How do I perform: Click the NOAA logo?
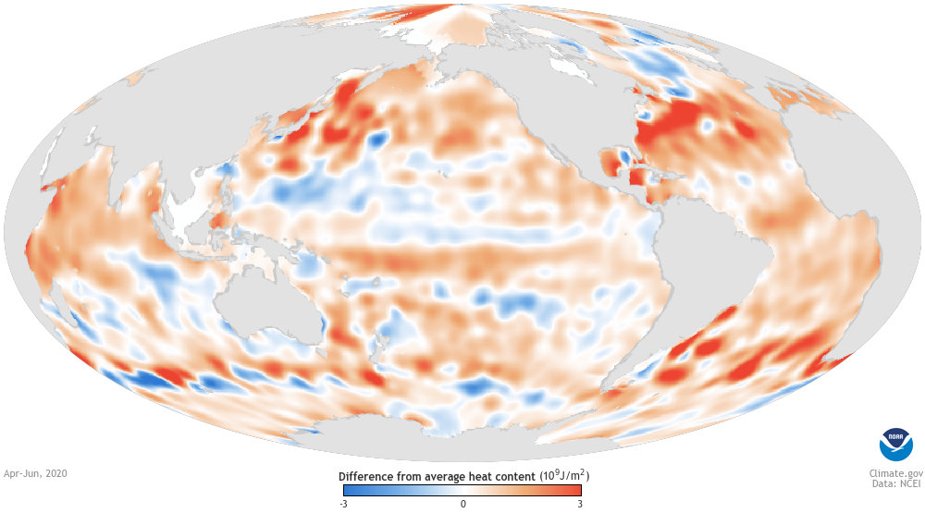pyautogui.click(x=894, y=445)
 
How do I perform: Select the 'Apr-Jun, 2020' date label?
pyautogui.click(x=36, y=472)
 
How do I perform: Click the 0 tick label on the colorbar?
pyautogui.click(x=463, y=504)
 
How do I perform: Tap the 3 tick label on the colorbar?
pyautogui.click(x=579, y=504)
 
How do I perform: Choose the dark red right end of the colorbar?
pyautogui.click(x=575, y=491)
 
